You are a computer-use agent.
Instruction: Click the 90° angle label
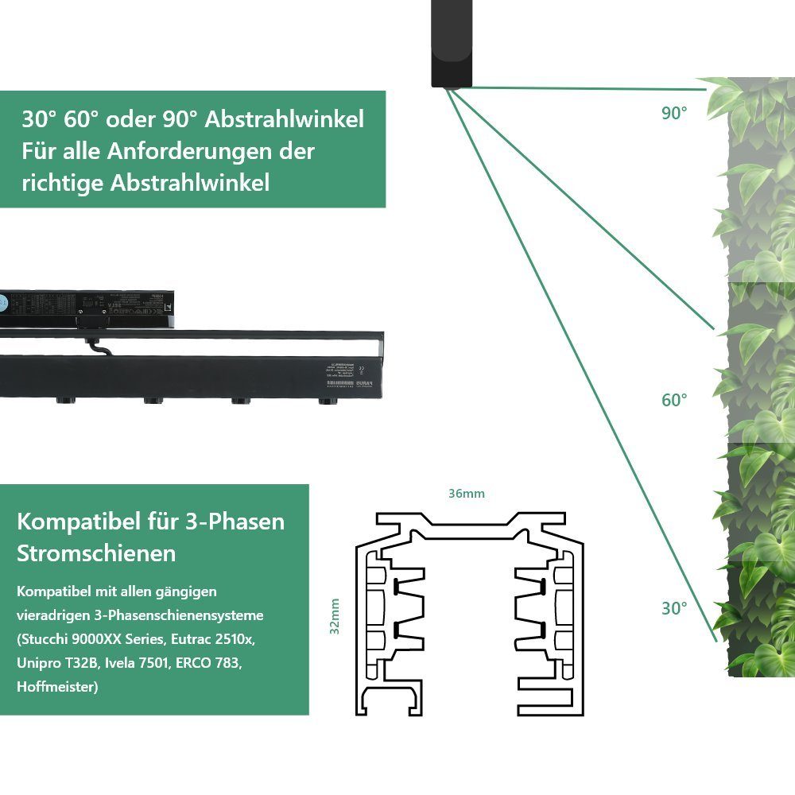(673, 113)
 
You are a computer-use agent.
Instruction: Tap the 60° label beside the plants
(673, 400)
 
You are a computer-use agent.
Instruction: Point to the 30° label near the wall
(673, 608)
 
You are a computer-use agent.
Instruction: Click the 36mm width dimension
(466, 494)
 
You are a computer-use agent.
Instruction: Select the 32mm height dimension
(335, 616)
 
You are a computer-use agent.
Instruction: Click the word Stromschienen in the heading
(96, 553)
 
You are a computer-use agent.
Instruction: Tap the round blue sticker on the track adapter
(2, 302)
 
